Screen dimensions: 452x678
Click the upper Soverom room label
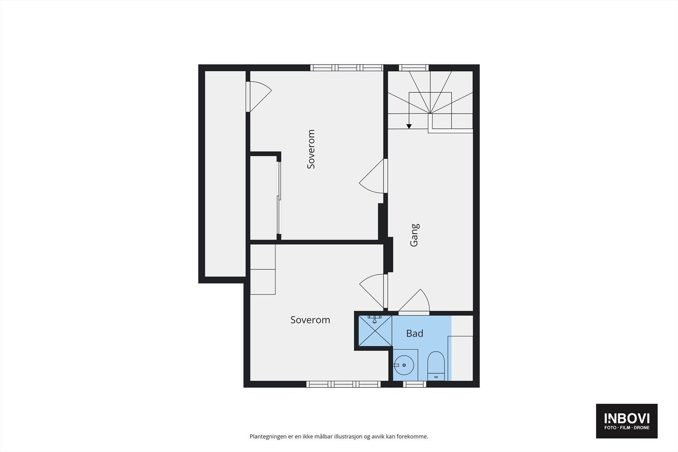pos(311,149)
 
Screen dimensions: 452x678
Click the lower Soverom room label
pos(310,320)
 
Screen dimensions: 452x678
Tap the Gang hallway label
pos(414,235)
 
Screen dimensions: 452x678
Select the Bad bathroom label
pos(414,333)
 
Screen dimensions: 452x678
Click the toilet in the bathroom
pos(436,366)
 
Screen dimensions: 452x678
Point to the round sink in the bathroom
pos(404,365)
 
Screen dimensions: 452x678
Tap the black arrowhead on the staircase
pos(409,126)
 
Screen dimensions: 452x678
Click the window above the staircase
pos(414,68)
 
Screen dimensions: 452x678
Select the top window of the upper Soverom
pos(347,68)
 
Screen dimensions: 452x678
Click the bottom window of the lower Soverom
pos(344,384)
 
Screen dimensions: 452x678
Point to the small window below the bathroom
pos(414,384)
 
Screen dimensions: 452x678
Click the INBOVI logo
pos(626,421)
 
